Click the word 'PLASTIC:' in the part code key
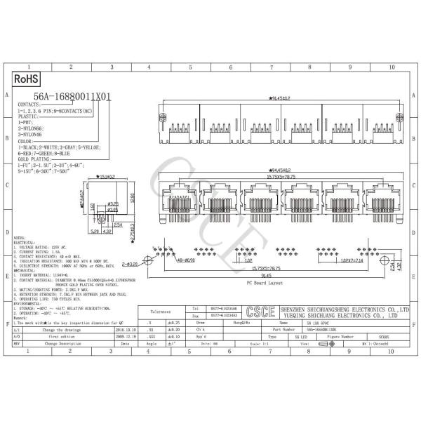(x=29, y=116)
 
